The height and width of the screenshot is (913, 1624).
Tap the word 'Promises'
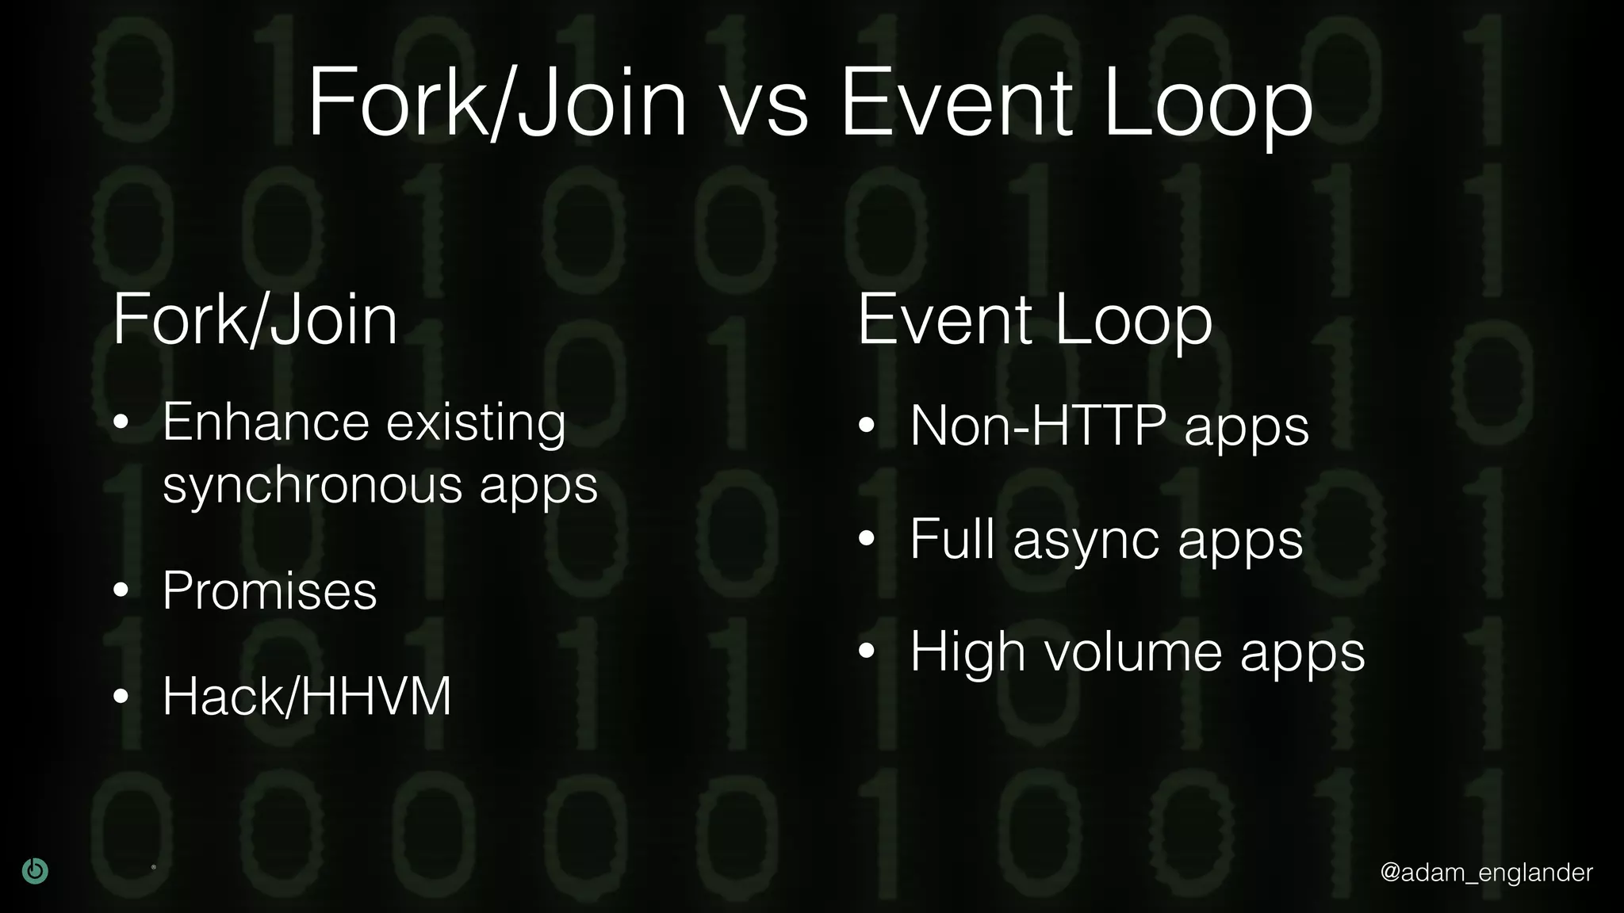coord(270,591)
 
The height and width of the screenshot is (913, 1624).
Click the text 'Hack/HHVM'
coord(307,696)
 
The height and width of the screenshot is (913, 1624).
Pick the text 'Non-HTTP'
coord(1038,426)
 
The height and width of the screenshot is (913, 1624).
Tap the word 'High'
coord(967,653)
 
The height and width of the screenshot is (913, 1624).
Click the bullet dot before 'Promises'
coord(121,591)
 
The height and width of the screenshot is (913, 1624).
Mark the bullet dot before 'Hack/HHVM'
coord(121,697)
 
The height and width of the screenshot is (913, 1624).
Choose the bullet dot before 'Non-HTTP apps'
coord(867,426)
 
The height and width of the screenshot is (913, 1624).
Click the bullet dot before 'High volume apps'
coord(867,651)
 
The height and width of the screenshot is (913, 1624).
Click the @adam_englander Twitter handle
coord(1486,873)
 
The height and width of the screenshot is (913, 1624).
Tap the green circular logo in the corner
coord(35,871)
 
